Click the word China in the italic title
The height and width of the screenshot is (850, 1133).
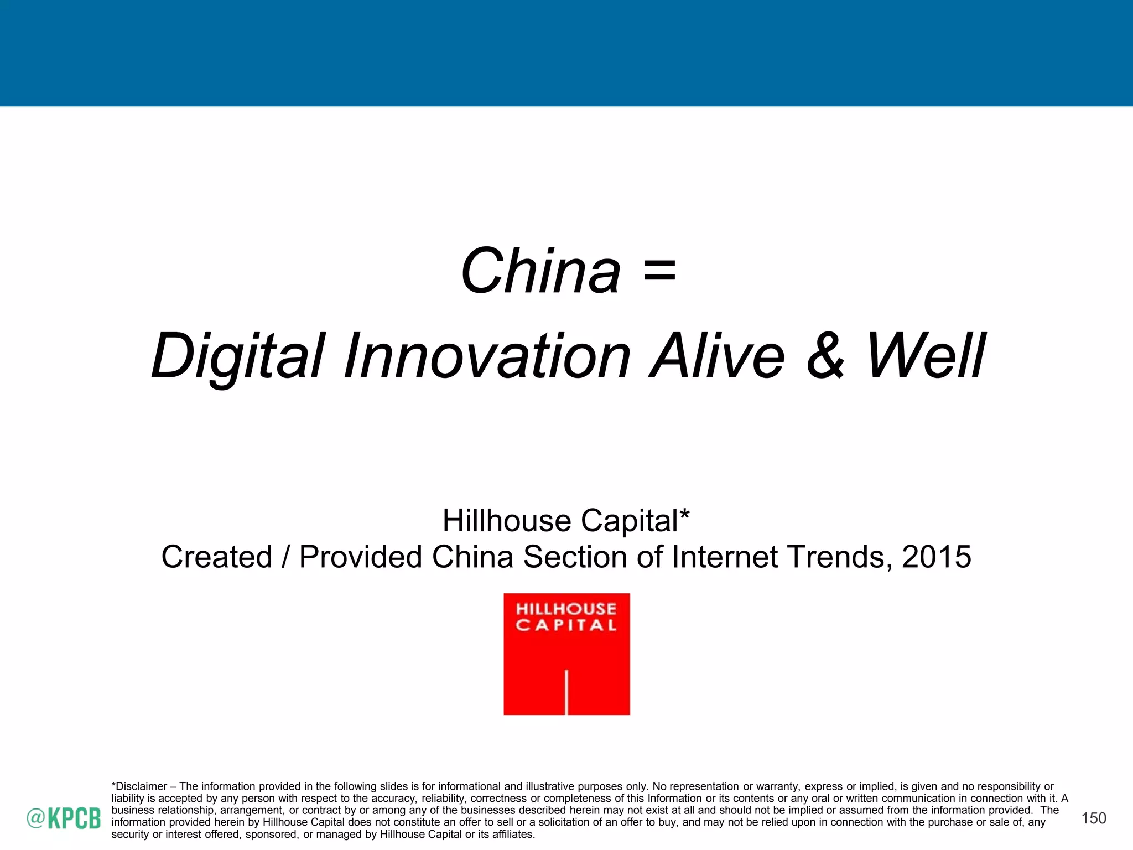[x=540, y=272]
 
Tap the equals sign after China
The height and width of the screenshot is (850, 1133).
[x=659, y=272]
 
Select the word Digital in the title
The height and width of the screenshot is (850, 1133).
[x=238, y=357]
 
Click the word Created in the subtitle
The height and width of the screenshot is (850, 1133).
[x=217, y=557]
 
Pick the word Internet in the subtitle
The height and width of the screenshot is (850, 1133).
[x=725, y=557]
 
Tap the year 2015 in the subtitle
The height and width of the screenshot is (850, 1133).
[x=936, y=557]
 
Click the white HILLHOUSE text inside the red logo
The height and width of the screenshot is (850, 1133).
[x=566, y=609]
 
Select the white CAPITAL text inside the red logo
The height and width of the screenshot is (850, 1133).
[x=566, y=625]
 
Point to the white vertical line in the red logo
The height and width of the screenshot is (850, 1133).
[x=566, y=692]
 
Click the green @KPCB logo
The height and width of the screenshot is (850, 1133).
[x=64, y=818]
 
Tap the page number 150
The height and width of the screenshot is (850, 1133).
[x=1094, y=818]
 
